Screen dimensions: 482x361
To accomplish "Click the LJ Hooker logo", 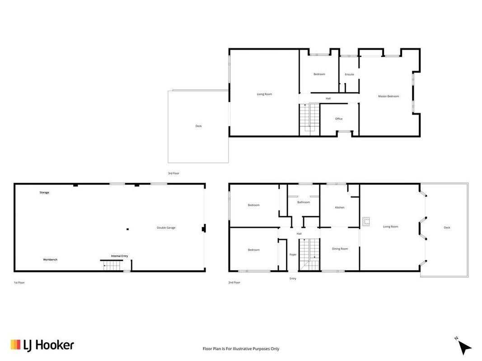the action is point(42,345).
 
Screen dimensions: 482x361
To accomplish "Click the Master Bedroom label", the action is point(388,97).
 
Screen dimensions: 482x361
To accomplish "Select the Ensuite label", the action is point(350,74).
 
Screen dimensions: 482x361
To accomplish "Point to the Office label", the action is point(339,119).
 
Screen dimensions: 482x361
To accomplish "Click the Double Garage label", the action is point(166,228).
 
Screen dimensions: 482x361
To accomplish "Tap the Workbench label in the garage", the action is point(50,260).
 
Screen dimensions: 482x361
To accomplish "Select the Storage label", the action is point(44,193).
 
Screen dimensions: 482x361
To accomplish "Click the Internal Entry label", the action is point(120,256).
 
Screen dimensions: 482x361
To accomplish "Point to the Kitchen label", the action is point(340,208).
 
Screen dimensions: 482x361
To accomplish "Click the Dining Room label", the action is point(340,249).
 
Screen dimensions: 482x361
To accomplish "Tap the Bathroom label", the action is point(304,202).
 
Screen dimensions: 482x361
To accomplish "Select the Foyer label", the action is point(293,255).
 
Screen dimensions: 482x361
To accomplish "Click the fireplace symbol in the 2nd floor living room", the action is point(366,221).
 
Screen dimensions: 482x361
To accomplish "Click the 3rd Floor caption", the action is point(173,173).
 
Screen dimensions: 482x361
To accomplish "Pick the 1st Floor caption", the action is point(19,283).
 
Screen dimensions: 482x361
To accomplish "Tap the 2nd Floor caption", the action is point(234,283).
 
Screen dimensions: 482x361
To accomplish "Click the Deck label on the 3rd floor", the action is point(199,126).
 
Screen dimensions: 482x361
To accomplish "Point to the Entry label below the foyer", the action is point(293,279).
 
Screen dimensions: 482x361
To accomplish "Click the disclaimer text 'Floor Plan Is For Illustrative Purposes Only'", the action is point(241,349).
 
